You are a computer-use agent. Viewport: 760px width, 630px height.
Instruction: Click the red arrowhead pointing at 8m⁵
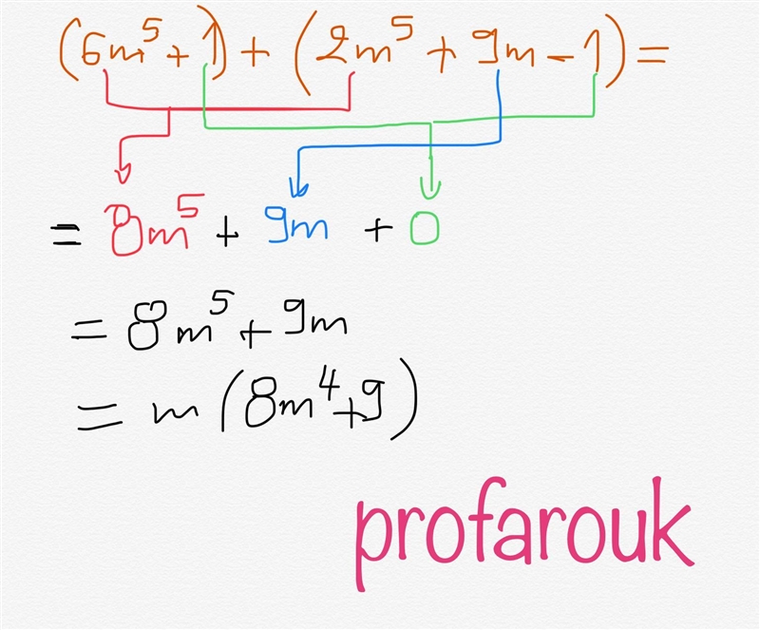click(x=123, y=175)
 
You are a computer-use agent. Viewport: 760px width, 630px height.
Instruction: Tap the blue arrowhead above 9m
click(x=298, y=188)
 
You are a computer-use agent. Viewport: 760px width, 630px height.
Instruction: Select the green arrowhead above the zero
click(x=430, y=190)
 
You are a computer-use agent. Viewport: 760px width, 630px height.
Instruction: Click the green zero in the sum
click(x=425, y=228)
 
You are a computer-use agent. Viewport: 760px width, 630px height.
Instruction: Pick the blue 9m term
click(x=296, y=224)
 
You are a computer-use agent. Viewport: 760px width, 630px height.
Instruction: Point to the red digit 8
click(x=124, y=230)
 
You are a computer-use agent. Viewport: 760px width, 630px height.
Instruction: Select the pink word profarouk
click(x=525, y=533)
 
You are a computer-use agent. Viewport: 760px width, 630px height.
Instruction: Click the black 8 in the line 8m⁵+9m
click(x=147, y=325)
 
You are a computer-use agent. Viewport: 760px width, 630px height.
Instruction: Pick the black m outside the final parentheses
click(x=176, y=413)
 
